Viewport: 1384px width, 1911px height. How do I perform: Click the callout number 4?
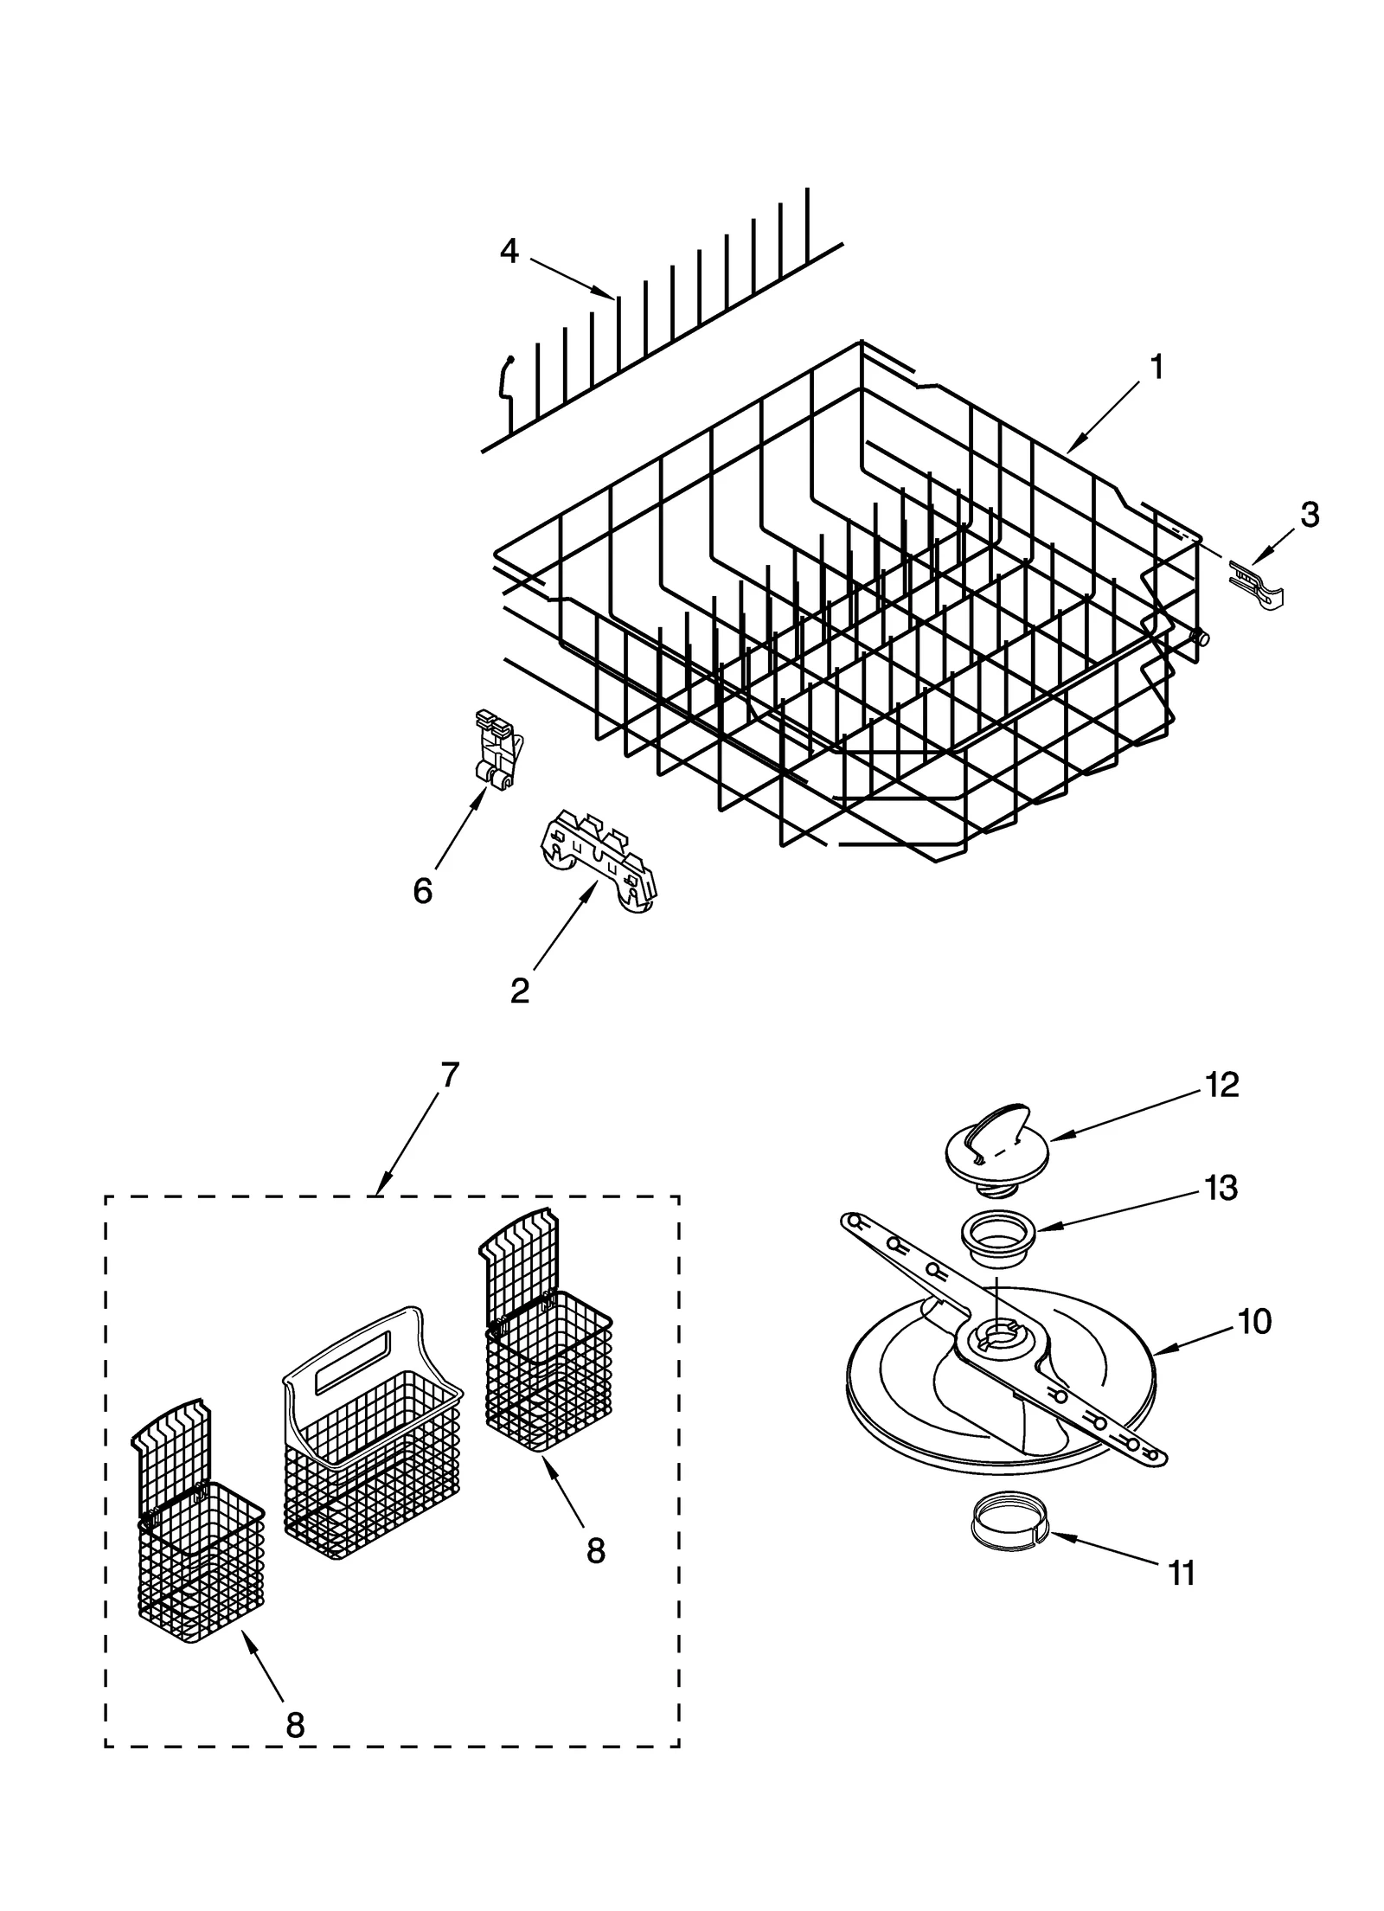(509, 252)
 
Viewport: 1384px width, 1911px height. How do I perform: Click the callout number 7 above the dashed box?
(449, 1075)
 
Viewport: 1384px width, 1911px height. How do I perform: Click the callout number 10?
(1254, 1322)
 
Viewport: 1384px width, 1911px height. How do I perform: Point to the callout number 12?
(1222, 1085)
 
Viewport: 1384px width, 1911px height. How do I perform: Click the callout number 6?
(422, 890)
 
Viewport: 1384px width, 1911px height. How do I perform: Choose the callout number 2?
(519, 991)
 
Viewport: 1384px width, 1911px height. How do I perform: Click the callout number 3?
(1310, 515)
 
